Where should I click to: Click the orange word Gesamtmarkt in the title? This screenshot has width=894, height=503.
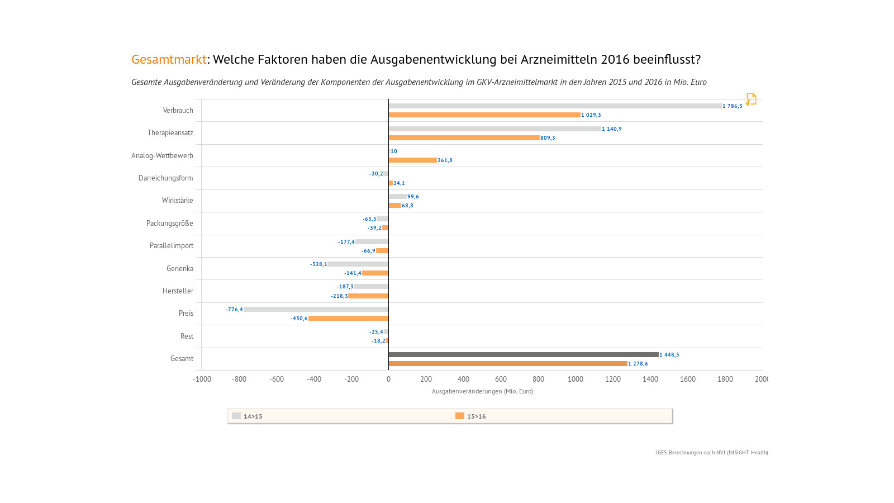pos(169,59)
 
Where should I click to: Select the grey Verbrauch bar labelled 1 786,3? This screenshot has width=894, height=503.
pos(555,106)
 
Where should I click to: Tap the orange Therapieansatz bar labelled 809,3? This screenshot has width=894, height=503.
pos(464,137)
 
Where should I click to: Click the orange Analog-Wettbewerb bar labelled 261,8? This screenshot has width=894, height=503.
pos(412,160)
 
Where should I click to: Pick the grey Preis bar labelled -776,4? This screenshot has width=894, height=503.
pos(316,309)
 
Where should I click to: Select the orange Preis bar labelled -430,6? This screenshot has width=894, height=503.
pos(348,319)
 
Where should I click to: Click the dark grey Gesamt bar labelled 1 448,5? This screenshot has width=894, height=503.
pos(524,354)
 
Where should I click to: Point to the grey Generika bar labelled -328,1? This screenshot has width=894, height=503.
pos(358,264)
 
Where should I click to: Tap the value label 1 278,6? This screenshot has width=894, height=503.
pos(638,364)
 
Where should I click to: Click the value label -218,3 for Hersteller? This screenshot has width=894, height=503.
pos(339,296)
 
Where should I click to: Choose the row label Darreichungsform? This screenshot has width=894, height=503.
pos(165,178)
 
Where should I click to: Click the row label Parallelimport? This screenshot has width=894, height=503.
pos(171,246)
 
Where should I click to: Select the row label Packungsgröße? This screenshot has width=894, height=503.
pos(169,224)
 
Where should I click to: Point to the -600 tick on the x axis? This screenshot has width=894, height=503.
pos(277,379)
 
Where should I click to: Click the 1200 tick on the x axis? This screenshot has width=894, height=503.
pos(613,379)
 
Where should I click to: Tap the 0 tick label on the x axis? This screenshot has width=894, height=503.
pos(388,379)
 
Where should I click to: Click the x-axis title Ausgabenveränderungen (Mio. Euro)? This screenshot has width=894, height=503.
pos(482,391)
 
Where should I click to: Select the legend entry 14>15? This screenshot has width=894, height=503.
pos(248,416)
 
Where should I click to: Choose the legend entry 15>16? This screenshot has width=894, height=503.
pos(471,416)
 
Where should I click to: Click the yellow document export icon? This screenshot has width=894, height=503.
pos(751,99)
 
